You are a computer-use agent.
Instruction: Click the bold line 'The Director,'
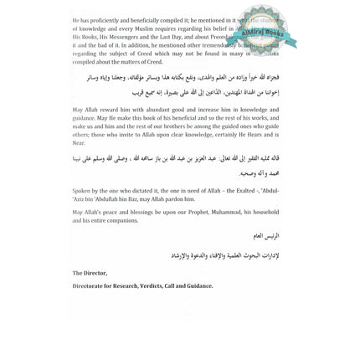tap(89, 272)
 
